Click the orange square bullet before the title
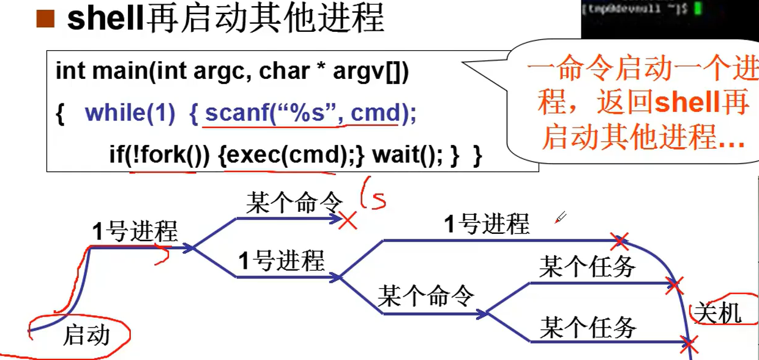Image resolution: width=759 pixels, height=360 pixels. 46,20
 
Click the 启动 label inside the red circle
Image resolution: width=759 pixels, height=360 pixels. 87,334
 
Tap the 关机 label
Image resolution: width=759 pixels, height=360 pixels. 717,313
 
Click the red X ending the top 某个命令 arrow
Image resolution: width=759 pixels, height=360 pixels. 348,221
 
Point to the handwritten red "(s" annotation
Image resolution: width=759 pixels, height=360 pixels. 374,195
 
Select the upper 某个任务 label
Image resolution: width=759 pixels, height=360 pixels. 587,266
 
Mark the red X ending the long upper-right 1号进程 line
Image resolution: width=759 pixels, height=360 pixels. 621,241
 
